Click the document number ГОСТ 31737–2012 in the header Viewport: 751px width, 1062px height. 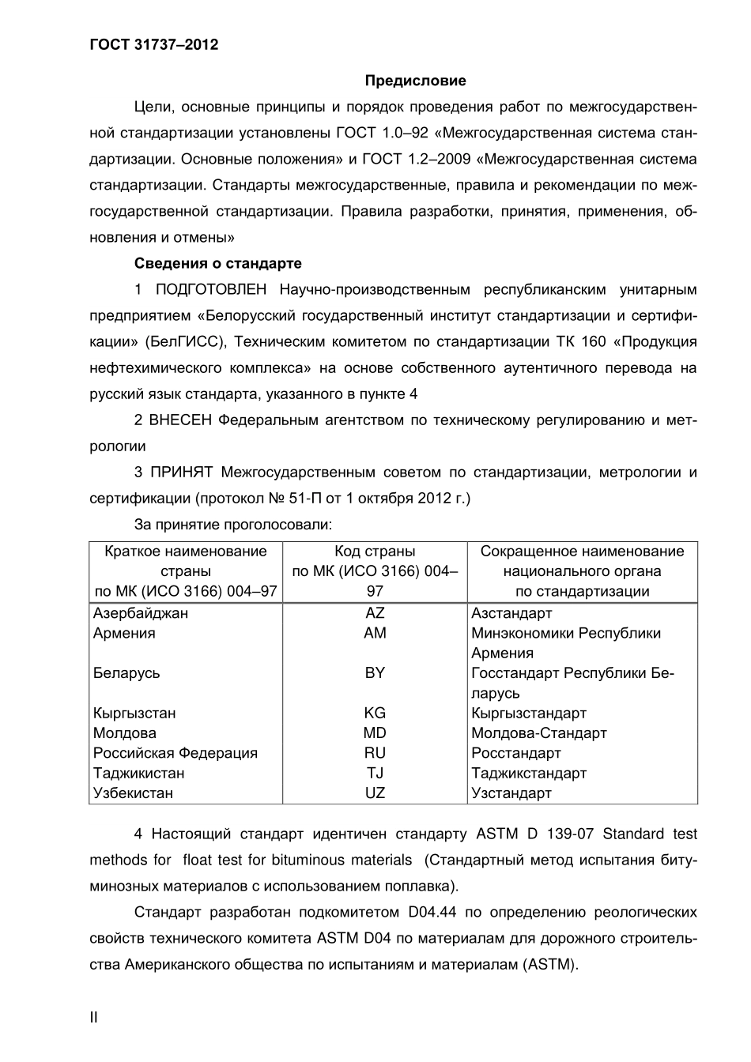click(x=153, y=44)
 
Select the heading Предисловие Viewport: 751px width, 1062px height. click(x=415, y=81)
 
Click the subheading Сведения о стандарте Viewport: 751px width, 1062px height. click(x=217, y=263)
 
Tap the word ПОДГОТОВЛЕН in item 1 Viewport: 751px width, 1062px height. click(x=211, y=289)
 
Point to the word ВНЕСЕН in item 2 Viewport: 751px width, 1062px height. click(x=181, y=420)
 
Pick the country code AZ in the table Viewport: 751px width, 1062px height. click(x=375, y=613)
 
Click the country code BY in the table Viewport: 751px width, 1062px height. click(x=375, y=672)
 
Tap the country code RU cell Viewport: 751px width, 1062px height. click(x=375, y=753)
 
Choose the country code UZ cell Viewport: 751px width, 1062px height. click(x=375, y=793)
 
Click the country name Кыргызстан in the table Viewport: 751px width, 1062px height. click(x=134, y=713)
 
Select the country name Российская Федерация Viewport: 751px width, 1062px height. click(x=175, y=753)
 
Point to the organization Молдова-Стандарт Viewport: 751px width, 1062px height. click(x=539, y=733)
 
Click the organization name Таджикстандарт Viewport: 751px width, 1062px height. click(x=529, y=773)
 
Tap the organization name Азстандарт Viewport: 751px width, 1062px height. click(x=511, y=613)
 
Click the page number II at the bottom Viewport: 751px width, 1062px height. click(x=94, y=1017)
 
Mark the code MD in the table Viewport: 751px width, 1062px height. click(x=375, y=733)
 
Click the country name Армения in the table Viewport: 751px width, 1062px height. click(x=124, y=633)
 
